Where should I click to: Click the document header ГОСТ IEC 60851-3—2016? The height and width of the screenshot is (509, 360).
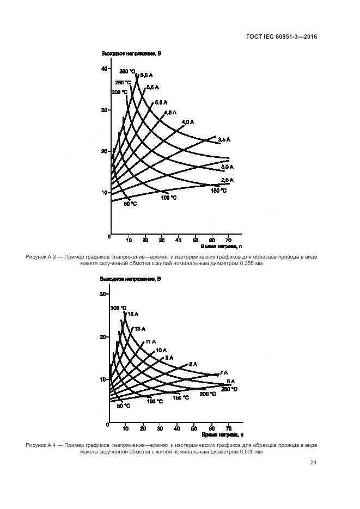282,37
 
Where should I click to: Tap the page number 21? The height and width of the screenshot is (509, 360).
313,463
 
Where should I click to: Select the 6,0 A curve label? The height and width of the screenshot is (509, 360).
146,75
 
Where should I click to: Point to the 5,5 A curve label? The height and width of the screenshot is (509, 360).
152,87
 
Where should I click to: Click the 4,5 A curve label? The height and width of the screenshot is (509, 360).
170,112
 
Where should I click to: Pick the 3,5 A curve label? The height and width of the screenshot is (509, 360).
224,140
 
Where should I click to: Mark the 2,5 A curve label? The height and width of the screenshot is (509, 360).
227,180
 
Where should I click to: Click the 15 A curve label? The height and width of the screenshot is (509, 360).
132,314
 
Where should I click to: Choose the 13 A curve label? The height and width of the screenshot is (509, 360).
139,328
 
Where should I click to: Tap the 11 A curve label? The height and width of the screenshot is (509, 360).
150,342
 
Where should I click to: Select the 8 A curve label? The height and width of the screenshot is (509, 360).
193,364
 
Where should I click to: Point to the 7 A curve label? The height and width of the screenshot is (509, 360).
223,373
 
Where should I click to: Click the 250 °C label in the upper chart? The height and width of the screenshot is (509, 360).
123,83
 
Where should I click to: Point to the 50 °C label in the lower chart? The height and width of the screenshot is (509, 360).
124,406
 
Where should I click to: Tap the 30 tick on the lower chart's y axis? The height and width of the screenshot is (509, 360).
103,295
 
